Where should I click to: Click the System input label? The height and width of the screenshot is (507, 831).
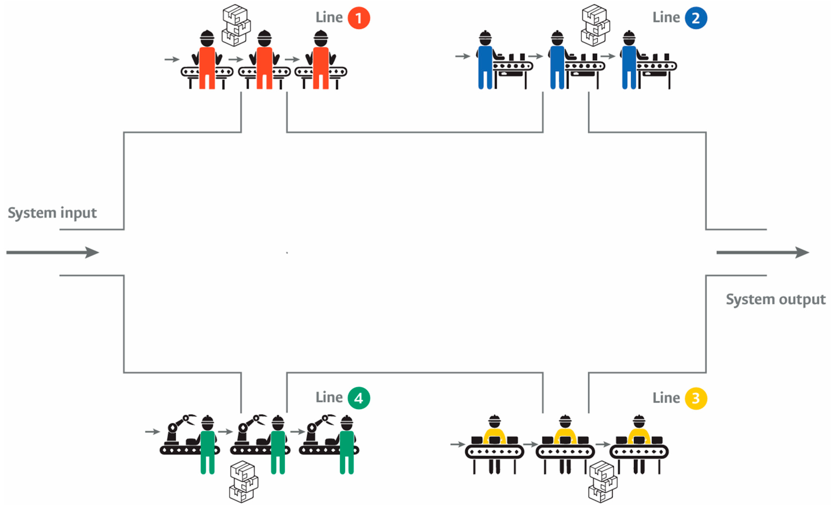tap(52, 213)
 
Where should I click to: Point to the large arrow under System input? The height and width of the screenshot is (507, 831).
tap(52, 252)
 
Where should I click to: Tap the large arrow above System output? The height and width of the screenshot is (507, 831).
tap(762, 252)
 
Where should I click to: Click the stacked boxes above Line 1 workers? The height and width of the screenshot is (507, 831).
tap(236, 25)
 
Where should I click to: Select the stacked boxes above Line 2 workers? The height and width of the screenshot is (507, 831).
tap(595, 25)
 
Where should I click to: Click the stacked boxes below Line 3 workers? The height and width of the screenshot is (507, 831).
tap(603, 482)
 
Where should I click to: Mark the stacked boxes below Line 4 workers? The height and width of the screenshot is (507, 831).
tap(244, 482)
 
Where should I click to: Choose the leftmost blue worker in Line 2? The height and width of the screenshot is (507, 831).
tap(485, 62)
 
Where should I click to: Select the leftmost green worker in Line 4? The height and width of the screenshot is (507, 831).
tap(207, 446)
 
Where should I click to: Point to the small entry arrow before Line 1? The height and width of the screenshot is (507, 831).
tap(172, 59)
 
